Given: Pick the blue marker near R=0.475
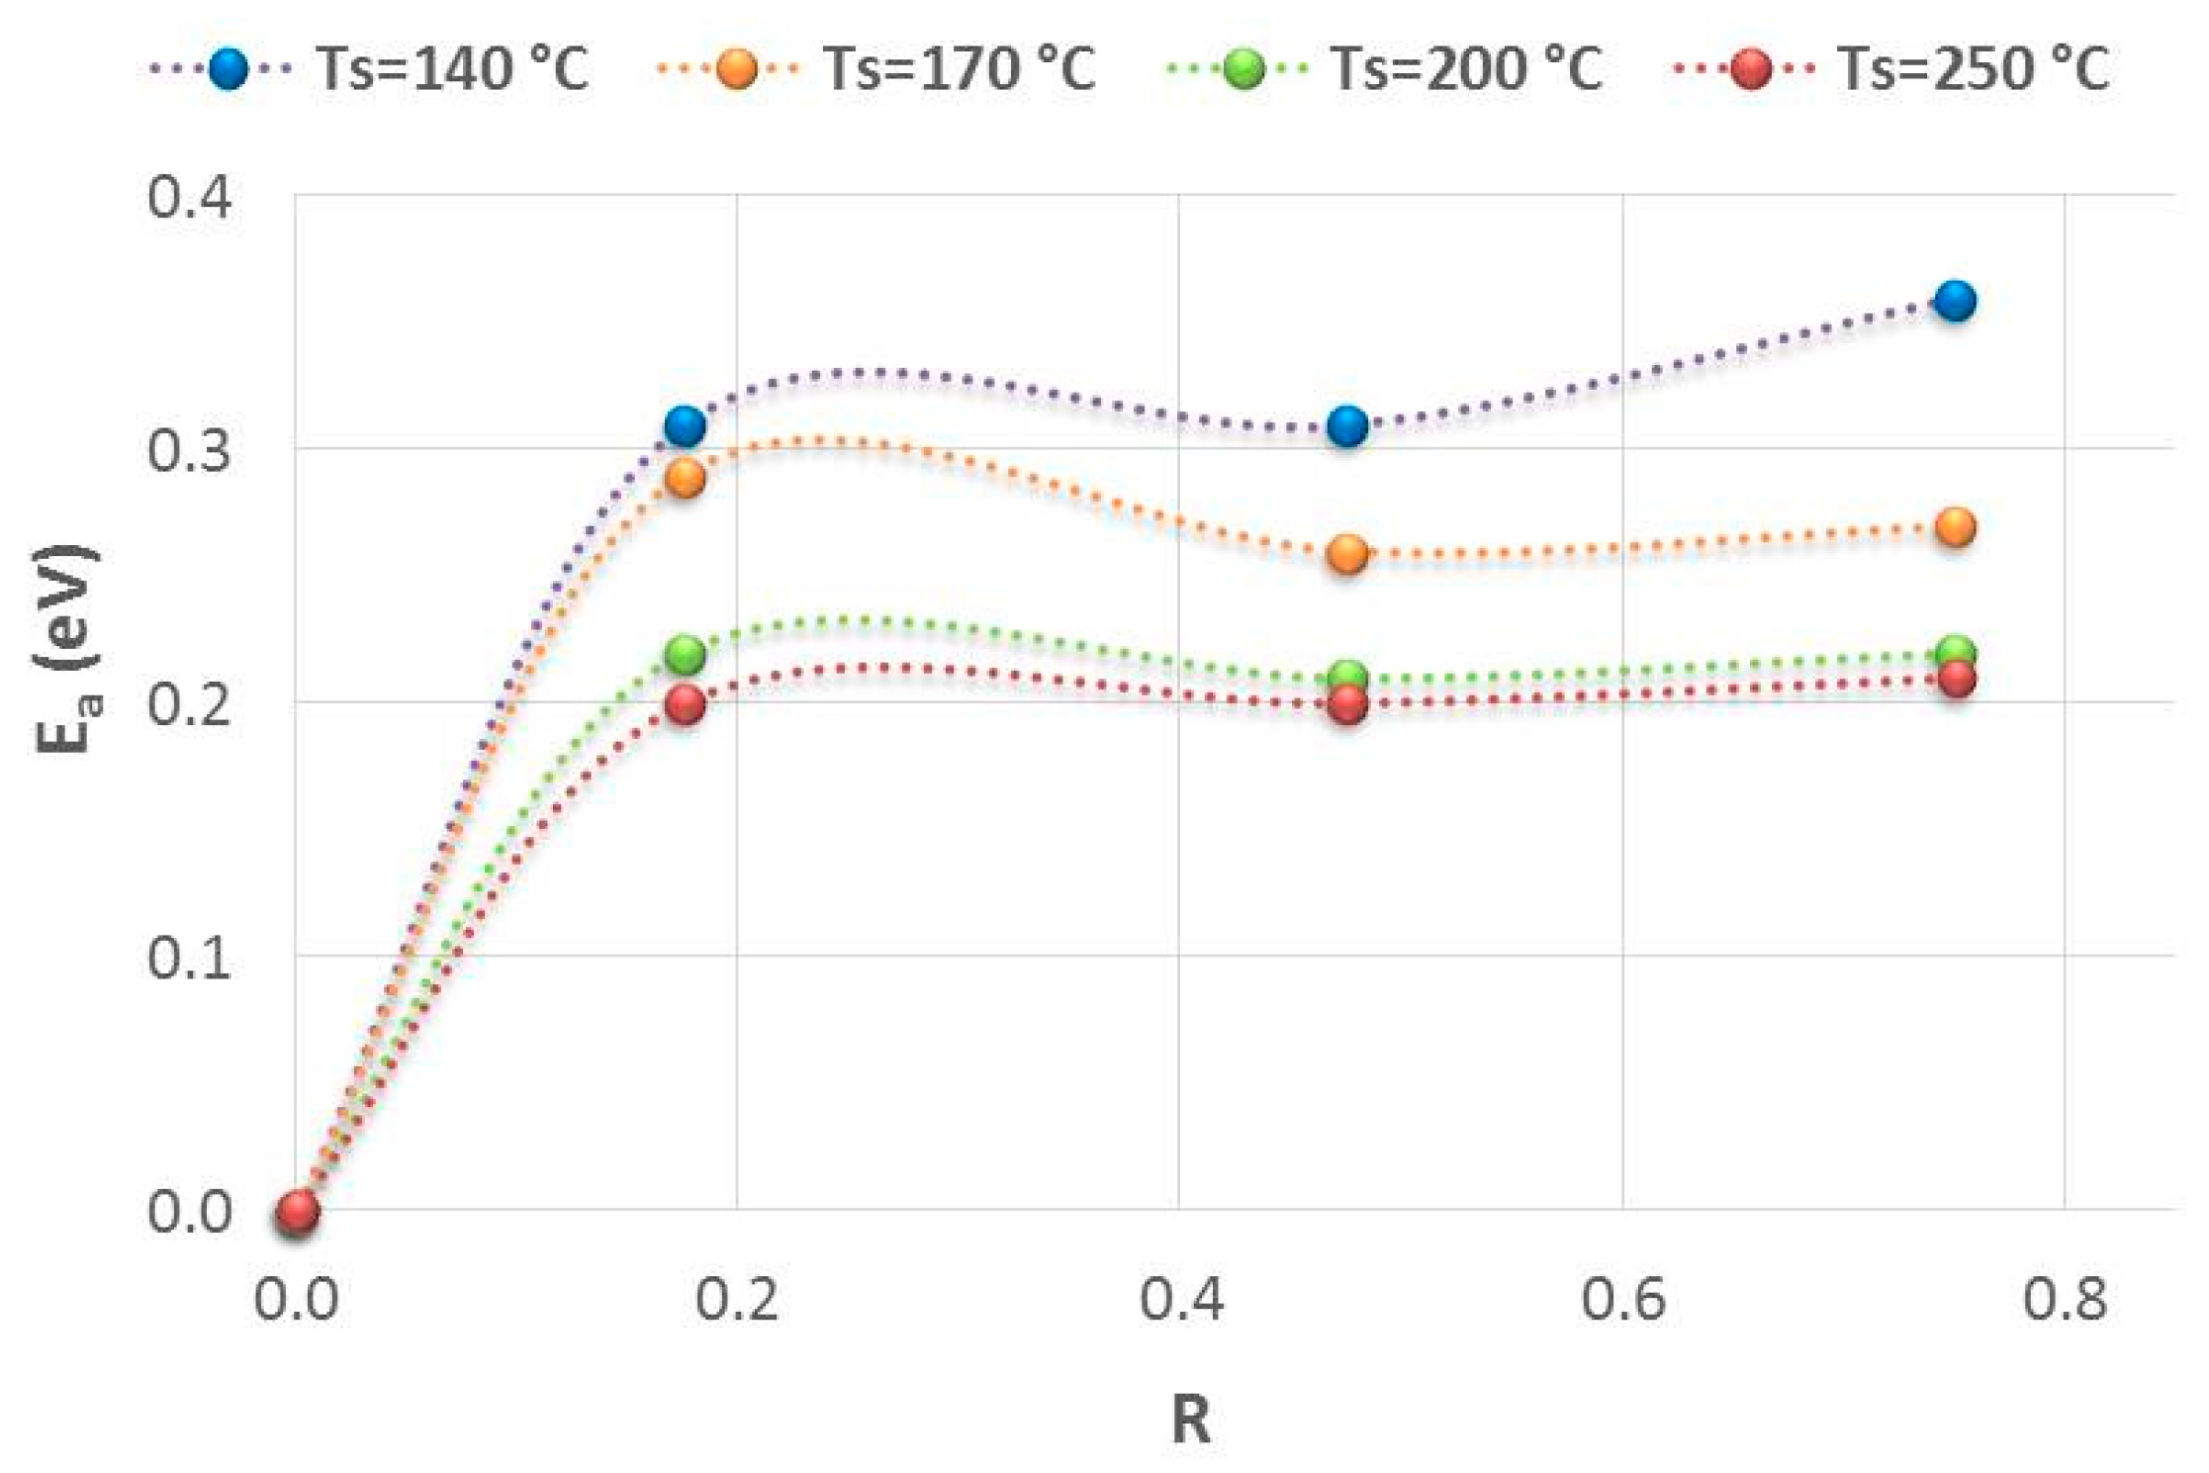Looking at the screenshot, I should (1347, 426).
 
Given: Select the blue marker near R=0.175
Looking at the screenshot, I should (685, 426).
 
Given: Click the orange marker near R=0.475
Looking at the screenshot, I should (1347, 554).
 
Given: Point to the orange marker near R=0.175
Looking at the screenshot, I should (685, 479).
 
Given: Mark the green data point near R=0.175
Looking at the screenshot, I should (685, 654).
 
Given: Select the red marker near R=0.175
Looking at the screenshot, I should (685, 705).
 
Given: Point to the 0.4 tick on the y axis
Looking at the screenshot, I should (190, 197).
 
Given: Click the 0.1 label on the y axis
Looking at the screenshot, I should (190, 958).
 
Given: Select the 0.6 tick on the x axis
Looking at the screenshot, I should (1622, 1299).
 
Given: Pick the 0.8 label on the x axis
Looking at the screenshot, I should (2065, 1299).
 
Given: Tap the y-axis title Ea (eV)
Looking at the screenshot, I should (67, 648).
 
